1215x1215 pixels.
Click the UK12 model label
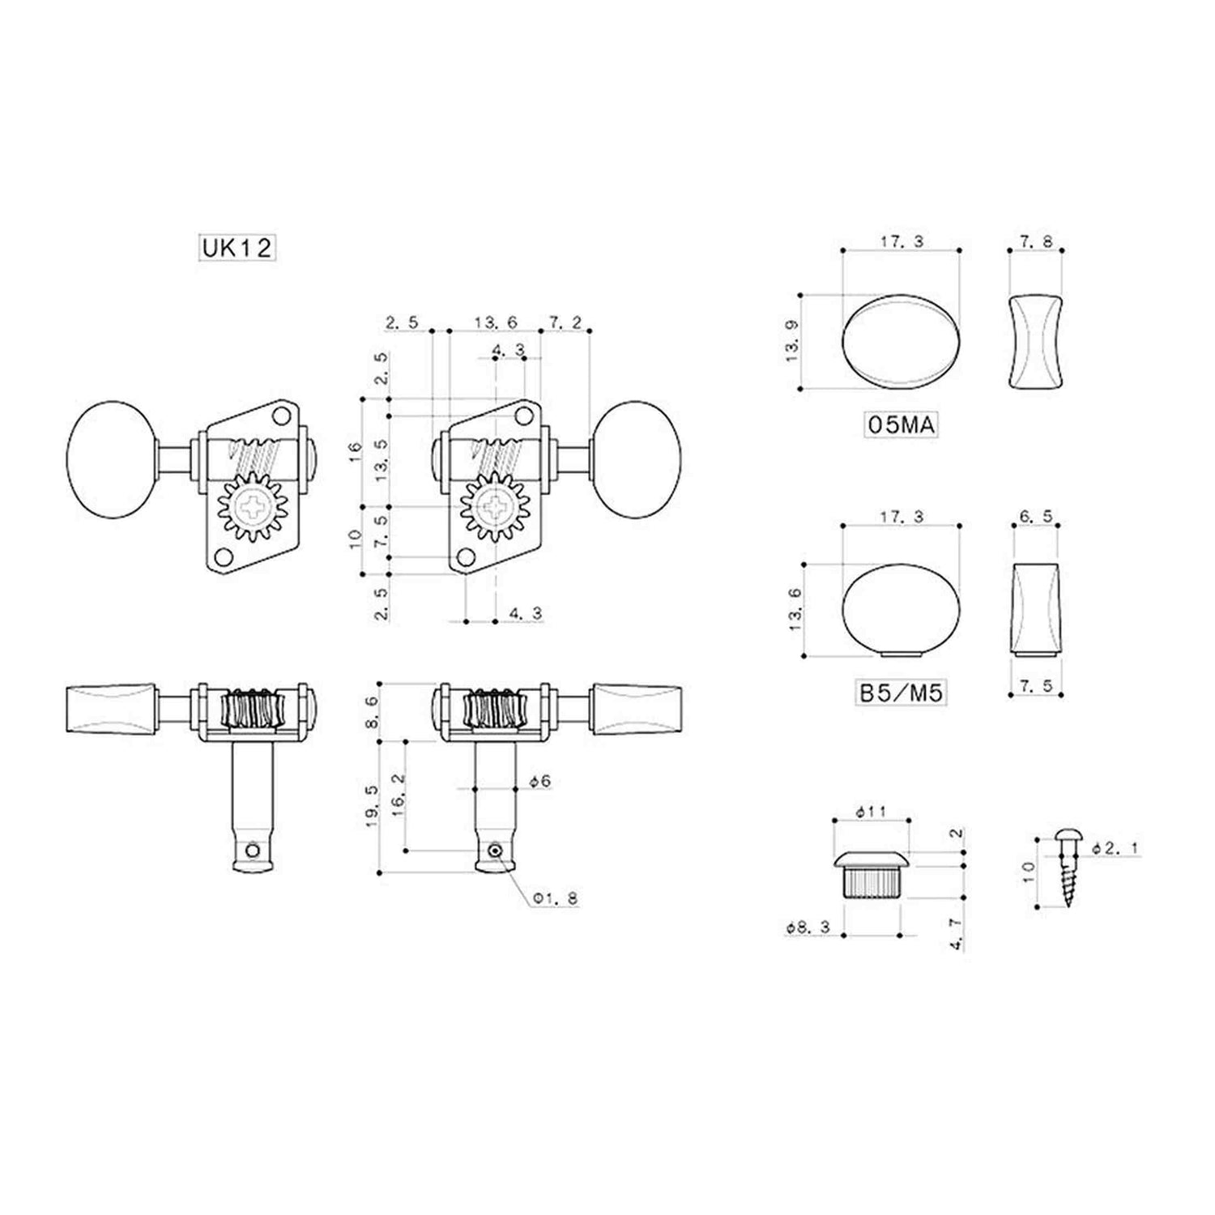coord(236,247)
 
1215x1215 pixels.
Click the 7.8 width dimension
coord(1035,241)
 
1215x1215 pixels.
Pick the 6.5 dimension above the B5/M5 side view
coord(1035,515)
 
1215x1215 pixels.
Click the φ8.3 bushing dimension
coord(808,928)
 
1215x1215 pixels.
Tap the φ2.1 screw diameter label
coord(1115,848)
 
